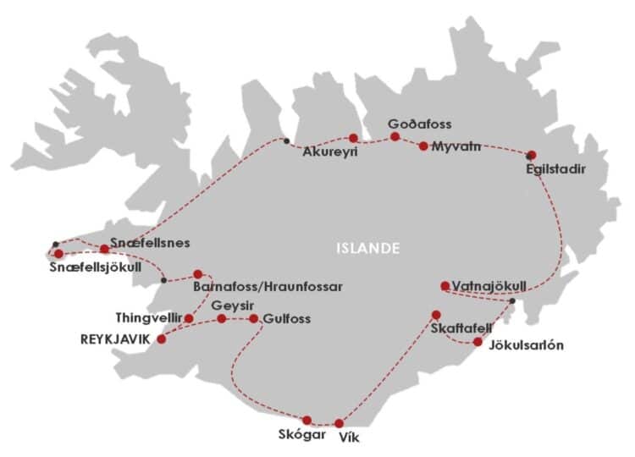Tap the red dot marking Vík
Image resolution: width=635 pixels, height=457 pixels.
coord(340,423)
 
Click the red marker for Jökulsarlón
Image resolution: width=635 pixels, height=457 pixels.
coord(478,342)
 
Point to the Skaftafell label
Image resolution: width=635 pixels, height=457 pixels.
coord(460,328)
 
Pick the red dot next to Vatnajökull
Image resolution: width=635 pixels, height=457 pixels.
coord(444,285)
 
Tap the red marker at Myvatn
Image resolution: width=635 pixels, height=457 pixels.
coord(423,146)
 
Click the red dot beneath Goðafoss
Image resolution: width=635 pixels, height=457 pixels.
coord(395,136)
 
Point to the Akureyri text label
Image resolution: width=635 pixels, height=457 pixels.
coord(330,153)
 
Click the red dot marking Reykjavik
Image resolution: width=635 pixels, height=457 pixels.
coord(161,339)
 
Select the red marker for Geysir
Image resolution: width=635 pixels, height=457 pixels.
coord(221,319)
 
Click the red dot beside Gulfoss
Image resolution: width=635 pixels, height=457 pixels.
coord(253,319)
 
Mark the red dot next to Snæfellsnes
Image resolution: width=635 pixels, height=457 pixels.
coord(104,249)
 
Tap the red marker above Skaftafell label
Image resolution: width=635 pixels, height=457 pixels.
coord(437,315)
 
